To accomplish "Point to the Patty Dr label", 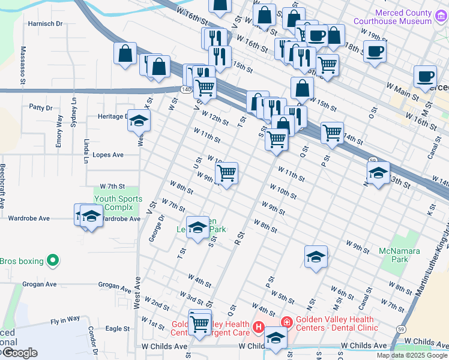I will point(41,108).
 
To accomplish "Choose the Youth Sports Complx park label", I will point(118,203).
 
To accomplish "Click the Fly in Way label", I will point(65,320).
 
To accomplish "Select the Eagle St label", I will point(117,329).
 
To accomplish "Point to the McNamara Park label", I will point(399,254).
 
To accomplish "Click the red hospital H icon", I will point(259,327).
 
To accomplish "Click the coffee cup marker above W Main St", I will point(425,76).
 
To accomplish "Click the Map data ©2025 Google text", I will point(411,355).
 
